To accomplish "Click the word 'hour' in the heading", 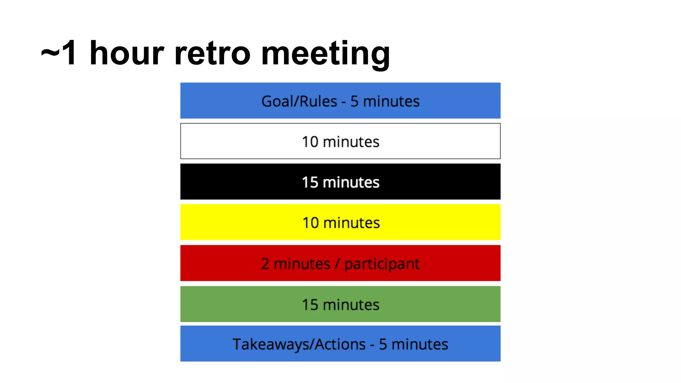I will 127,53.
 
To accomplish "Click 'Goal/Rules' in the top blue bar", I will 299,101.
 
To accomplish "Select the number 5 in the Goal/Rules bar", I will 354,101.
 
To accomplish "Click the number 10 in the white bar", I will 310,142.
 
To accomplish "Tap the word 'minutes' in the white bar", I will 351,142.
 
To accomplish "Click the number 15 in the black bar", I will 310,183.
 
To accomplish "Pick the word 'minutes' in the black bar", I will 351,183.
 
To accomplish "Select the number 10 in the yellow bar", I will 311,223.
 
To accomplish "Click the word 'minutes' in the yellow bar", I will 351,223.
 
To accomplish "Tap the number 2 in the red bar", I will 265,264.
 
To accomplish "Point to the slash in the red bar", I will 338,264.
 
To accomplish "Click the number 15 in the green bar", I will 310,305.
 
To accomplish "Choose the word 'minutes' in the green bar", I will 351,305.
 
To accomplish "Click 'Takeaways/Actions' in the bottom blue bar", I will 299,344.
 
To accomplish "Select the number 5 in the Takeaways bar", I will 383,344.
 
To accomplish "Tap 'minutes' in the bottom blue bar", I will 420,344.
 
